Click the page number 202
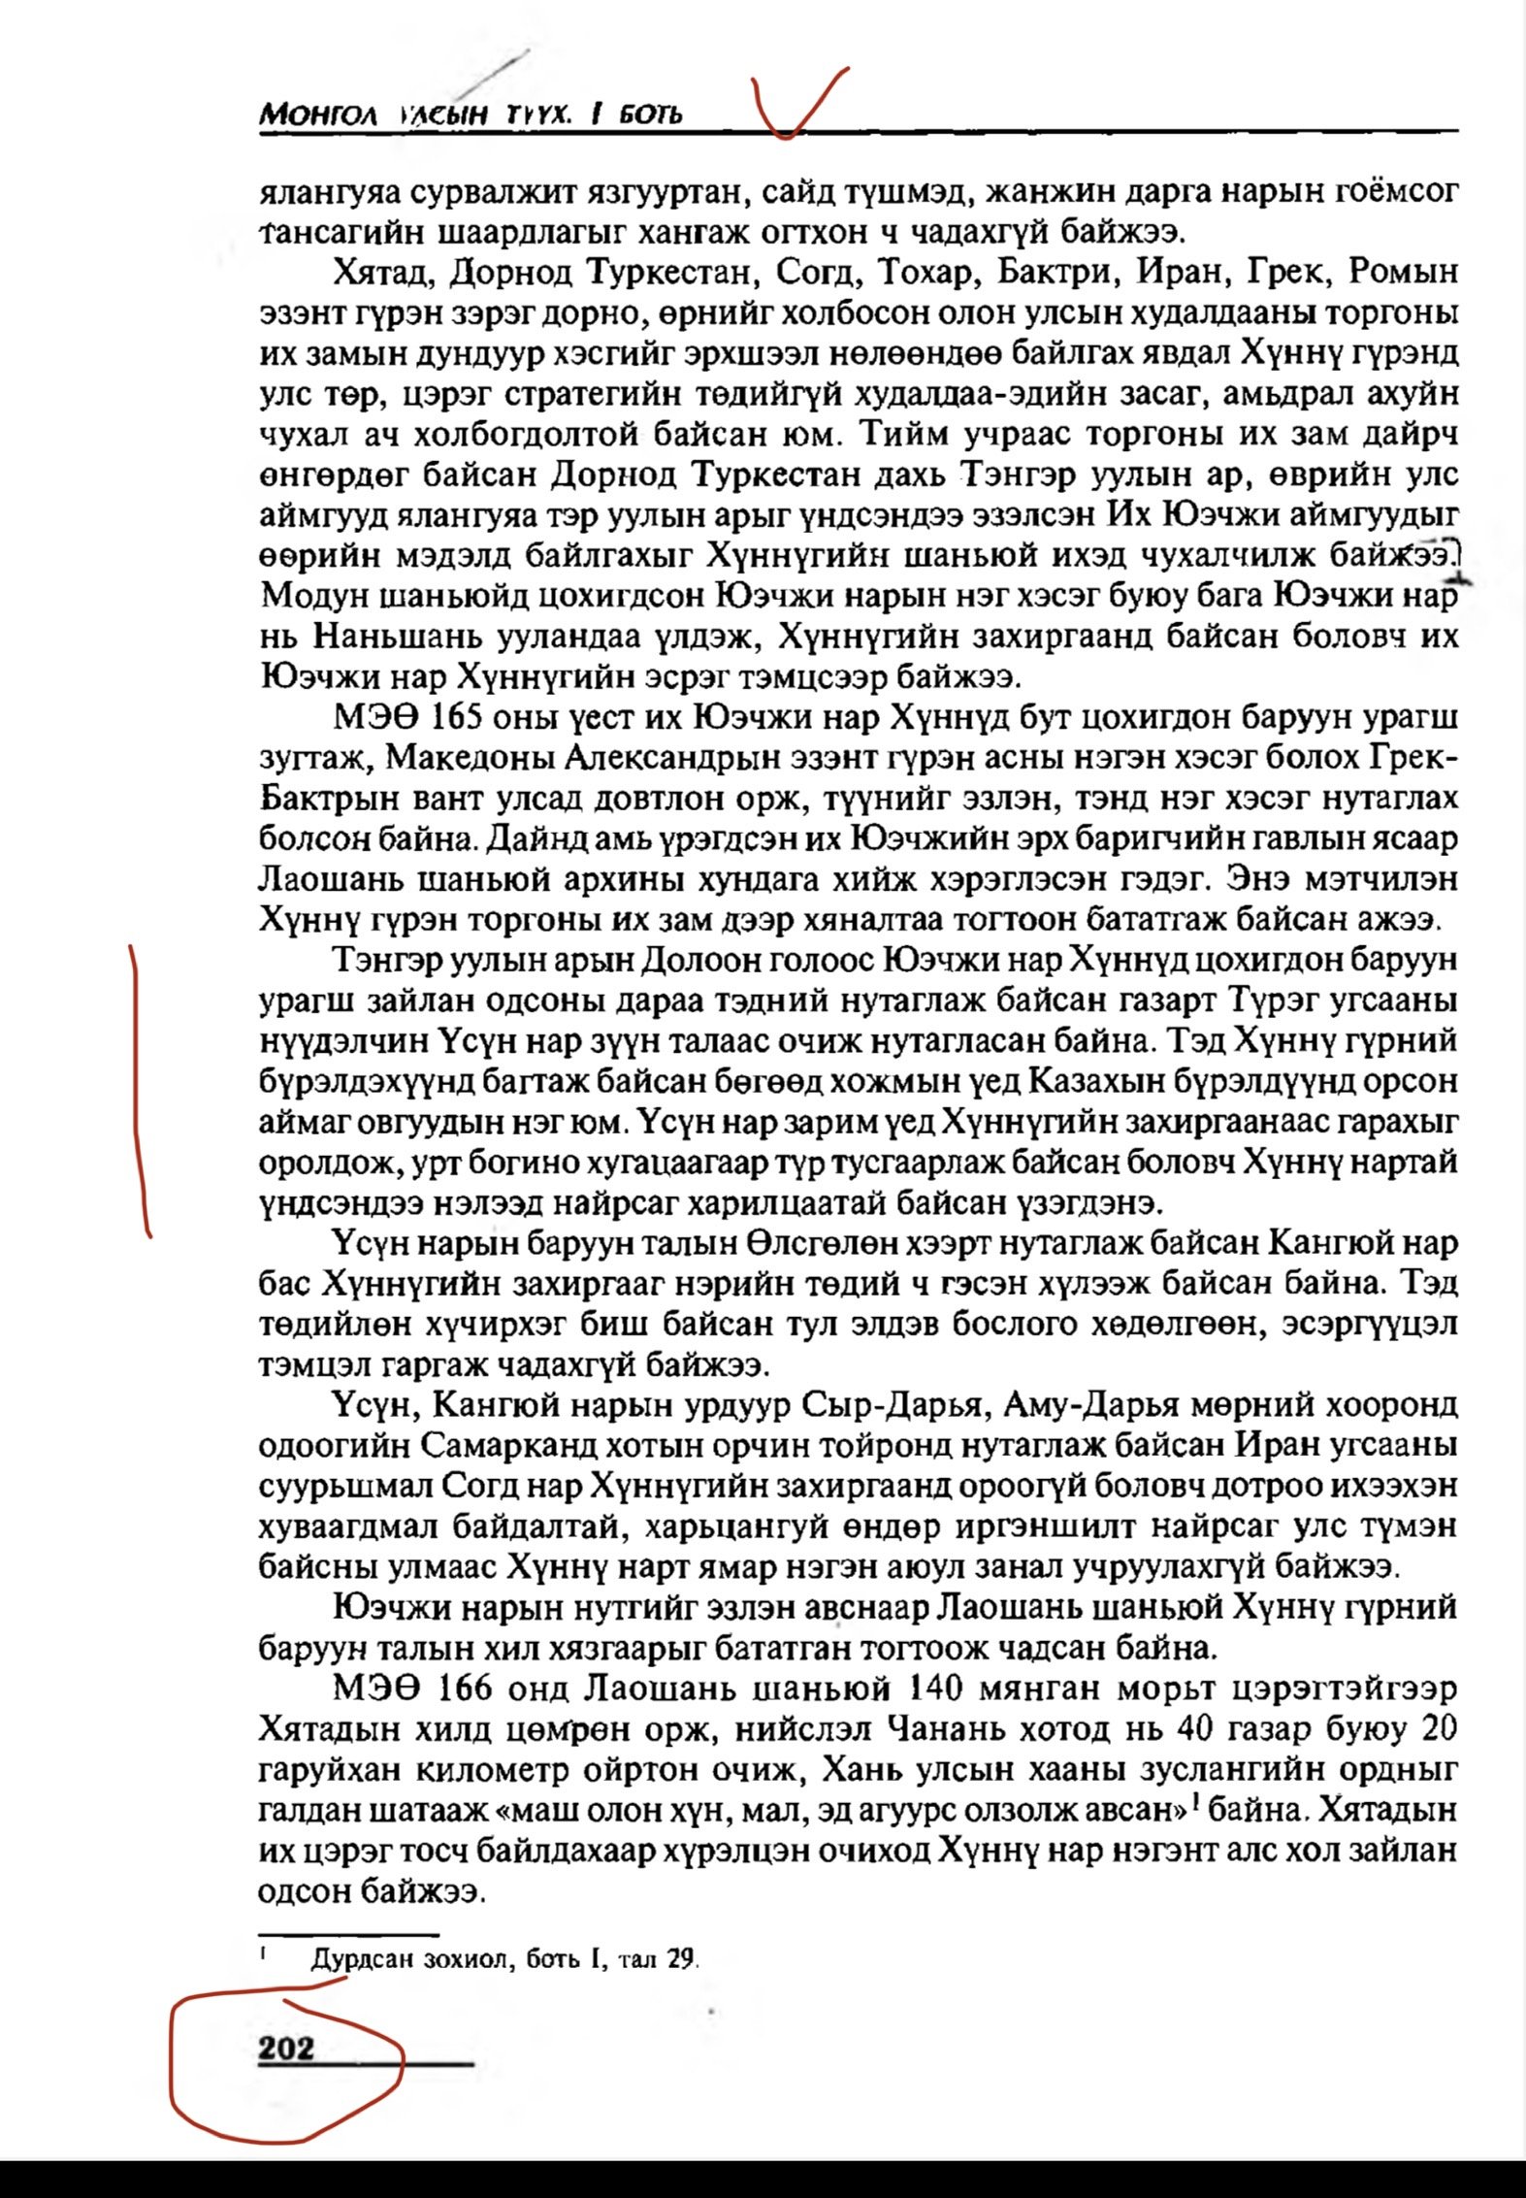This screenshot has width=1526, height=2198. click(x=286, y=2048)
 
